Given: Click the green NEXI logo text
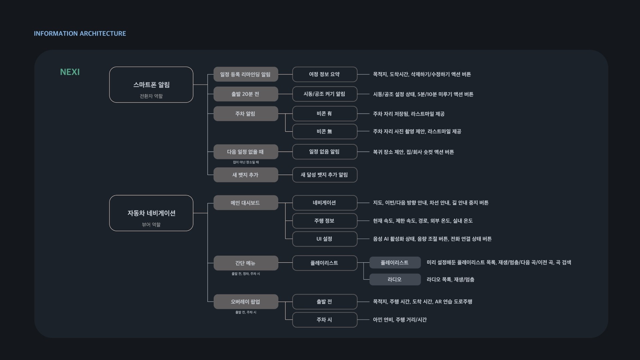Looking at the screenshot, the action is click(x=70, y=72).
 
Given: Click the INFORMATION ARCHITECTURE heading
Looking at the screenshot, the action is click(x=80, y=34).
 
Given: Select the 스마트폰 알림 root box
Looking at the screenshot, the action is click(x=151, y=85).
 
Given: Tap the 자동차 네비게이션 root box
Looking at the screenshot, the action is click(x=151, y=213).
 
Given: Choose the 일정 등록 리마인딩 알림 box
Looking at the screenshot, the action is click(x=246, y=74).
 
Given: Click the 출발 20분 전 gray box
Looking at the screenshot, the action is click(x=246, y=94).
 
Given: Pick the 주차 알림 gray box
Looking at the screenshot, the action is click(x=246, y=114).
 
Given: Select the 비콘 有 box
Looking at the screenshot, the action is click(x=325, y=114).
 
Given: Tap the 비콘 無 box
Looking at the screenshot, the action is click(x=325, y=131).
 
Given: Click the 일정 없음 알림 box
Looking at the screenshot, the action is click(x=325, y=152).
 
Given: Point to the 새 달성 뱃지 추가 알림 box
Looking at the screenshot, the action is click(x=325, y=175).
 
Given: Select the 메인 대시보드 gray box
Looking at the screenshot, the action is click(x=246, y=203).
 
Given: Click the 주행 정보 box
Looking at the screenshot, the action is click(x=325, y=221).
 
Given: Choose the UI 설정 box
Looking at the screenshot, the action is click(x=325, y=239).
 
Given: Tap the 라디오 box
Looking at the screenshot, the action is click(x=395, y=279).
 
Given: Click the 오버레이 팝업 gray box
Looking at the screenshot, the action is click(x=246, y=302).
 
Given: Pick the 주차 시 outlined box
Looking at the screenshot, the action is click(x=325, y=320).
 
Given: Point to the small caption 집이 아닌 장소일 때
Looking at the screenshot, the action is click(x=246, y=162).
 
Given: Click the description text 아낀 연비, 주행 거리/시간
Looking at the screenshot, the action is click(x=400, y=320).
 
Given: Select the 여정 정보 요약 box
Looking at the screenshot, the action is click(x=325, y=74).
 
